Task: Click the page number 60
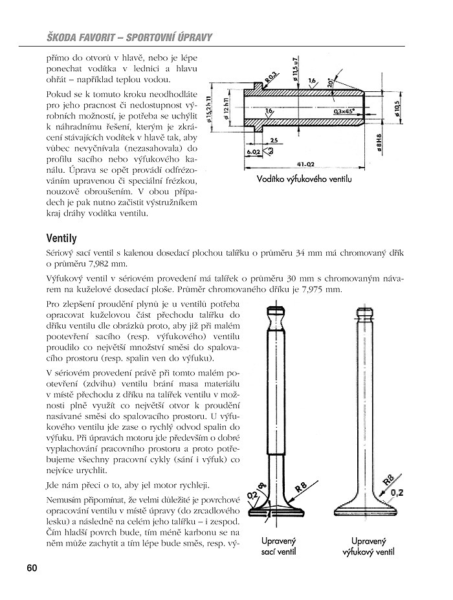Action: point(32,568)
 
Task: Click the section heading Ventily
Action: point(65,238)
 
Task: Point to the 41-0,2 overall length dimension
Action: point(308,163)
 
